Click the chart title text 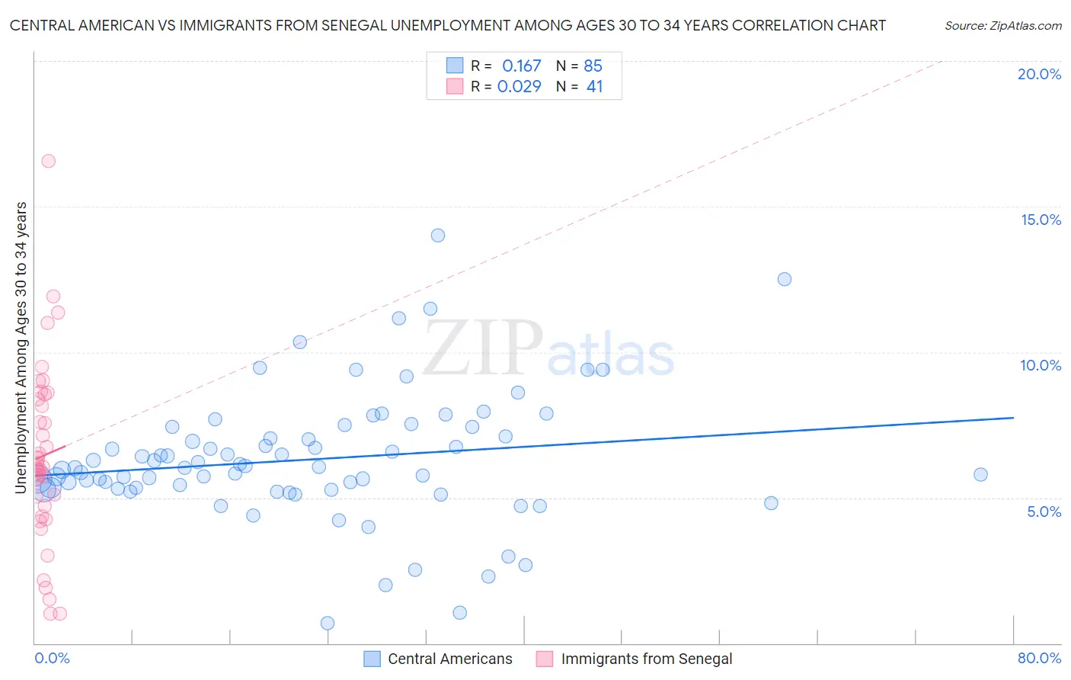point(448,25)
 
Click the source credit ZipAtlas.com point(1002,25)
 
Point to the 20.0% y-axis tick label point(1039,74)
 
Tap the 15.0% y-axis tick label point(1041,220)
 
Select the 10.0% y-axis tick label point(1041,365)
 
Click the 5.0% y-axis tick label point(1044,512)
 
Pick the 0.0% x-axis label point(52,658)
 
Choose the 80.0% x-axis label point(1039,658)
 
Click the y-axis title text point(21,348)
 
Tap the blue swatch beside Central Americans point(372,659)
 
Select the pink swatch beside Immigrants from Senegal point(544,659)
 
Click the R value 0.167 point(521,66)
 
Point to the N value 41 point(594,87)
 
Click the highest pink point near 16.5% point(48,161)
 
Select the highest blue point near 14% point(438,235)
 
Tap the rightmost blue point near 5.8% point(980,474)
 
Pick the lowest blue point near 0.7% point(328,623)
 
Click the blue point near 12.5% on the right point(785,279)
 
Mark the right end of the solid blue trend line point(1013,418)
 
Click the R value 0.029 point(519,87)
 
